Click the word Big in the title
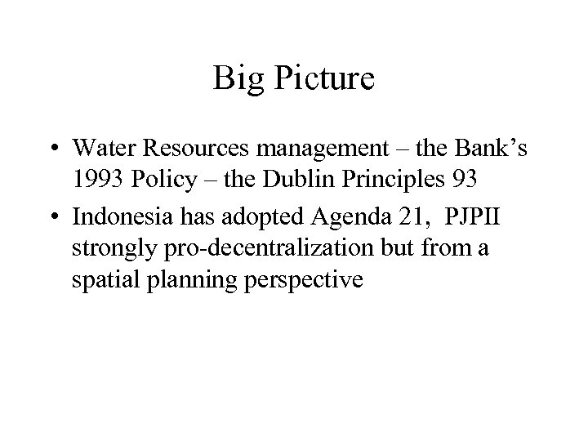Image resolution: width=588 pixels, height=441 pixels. [x=235, y=80]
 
